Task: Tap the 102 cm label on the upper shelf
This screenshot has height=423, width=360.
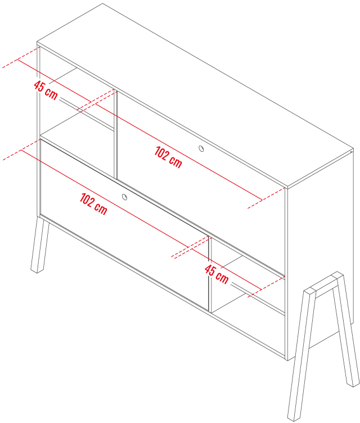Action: point(168,157)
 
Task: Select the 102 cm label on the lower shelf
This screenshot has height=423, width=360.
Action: point(93,204)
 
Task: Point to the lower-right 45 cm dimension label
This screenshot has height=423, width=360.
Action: point(217,274)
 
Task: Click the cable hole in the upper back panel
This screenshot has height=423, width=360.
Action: point(201,148)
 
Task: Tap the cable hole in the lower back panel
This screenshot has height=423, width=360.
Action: point(124,197)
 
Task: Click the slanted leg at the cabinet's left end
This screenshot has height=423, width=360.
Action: point(40,245)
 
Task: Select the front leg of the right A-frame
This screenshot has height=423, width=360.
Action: point(301,356)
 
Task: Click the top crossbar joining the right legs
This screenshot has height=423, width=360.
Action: point(324,284)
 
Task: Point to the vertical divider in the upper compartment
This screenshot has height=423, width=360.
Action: point(116,134)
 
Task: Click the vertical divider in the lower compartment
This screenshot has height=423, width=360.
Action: point(210,274)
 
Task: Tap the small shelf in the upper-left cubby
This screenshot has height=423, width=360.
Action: point(78,126)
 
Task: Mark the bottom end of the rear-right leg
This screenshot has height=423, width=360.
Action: point(353,384)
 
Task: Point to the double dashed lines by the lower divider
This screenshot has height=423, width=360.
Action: point(190,247)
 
